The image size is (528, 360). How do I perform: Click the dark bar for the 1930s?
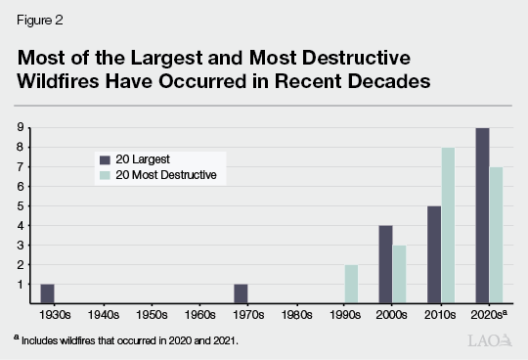(48, 293)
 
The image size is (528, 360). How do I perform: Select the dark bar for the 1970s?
(242, 293)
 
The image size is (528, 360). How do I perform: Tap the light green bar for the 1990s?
(352, 284)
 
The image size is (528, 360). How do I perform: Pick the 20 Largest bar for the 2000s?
(385, 264)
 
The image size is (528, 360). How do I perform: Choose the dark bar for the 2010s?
(433, 254)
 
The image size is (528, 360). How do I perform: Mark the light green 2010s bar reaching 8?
(449, 225)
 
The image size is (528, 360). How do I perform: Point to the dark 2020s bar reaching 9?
(481, 215)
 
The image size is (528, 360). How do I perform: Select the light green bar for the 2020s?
(497, 235)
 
